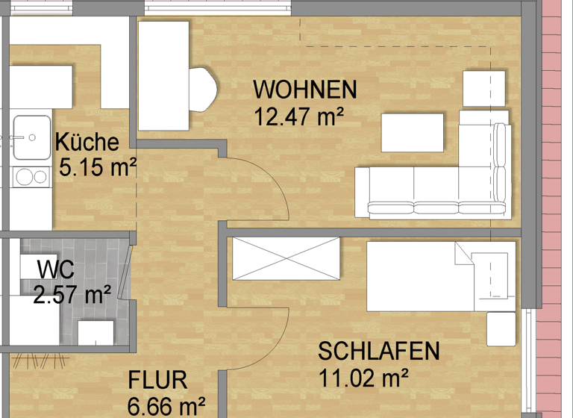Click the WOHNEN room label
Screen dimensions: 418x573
click(305, 90)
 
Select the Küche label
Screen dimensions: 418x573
click(87, 142)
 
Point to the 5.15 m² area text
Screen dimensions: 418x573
click(98, 167)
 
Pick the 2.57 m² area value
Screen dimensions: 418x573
click(72, 295)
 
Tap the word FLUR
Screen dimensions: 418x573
click(157, 380)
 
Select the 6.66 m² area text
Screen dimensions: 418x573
click(166, 407)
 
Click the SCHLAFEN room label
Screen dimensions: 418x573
click(379, 351)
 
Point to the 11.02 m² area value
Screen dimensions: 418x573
click(363, 377)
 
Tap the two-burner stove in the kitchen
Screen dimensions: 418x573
click(31, 177)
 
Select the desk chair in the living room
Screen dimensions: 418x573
click(203, 90)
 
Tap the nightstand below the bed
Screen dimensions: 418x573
click(501, 328)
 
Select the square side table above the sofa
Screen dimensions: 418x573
click(484, 88)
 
